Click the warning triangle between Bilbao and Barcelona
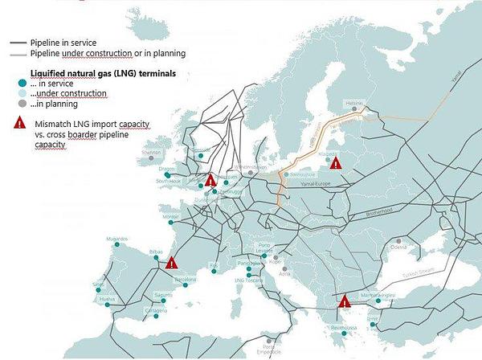172,261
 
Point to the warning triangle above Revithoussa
345,301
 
